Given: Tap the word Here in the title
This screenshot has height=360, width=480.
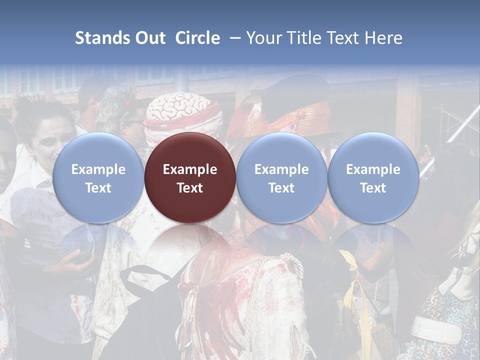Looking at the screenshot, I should coord(383,38).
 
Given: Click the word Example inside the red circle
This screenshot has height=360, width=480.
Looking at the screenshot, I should coord(190,169).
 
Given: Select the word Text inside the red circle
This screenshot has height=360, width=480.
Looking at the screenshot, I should coord(190,188).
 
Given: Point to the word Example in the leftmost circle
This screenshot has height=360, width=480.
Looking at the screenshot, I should coord(98,169).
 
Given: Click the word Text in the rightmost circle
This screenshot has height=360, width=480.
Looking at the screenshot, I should coord(373,188).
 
